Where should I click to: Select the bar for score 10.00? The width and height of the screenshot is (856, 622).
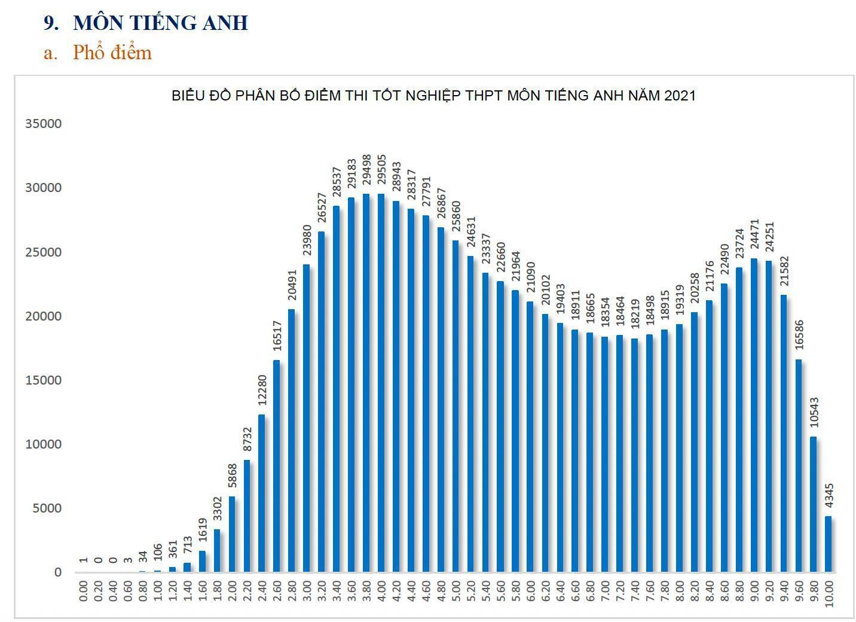pyautogui.click(x=828, y=544)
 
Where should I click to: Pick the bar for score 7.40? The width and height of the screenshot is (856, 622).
pyautogui.click(x=634, y=455)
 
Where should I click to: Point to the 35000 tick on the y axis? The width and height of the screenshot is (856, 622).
pyautogui.click(x=43, y=124)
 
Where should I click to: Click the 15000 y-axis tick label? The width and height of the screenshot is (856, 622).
pyautogui.click(x=43, y=380)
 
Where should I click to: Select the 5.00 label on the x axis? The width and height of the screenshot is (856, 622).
pyautogui.click(x=455, y=592)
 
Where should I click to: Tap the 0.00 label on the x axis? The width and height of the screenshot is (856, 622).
pyautogui.click(x=83, y=592)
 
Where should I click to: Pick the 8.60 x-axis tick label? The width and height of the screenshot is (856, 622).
pyautogui.click(x=724, y=592)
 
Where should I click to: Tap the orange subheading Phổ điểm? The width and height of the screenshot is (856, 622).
pyautogui.click(x=112, y=53)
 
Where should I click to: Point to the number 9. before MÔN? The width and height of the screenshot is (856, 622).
pyautogui.click(x=51, y=23)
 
